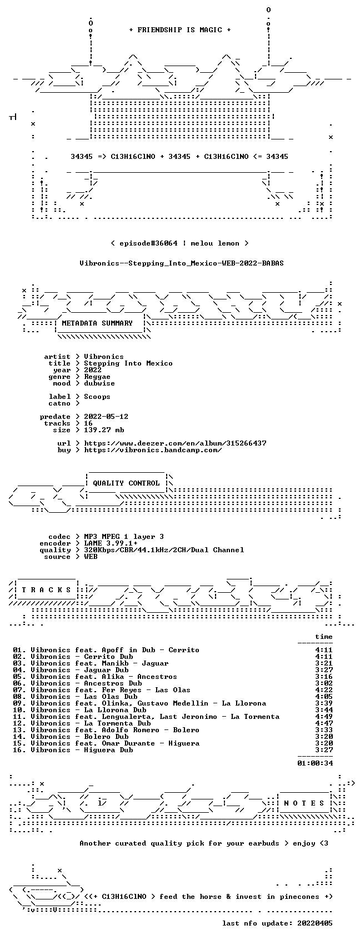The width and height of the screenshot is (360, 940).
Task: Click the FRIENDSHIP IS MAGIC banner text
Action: (180, 30)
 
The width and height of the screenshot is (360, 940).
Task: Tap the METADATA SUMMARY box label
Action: (97, 323)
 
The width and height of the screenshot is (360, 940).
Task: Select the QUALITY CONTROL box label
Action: (126, 483)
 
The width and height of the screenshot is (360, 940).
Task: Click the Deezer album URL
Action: (176, 443)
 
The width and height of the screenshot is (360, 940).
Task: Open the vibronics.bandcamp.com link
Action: (153, 450)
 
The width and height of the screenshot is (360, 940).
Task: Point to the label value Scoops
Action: (97, 397)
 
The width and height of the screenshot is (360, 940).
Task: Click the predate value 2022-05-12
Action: (106, 417)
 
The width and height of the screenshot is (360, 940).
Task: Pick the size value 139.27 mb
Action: (104, 430)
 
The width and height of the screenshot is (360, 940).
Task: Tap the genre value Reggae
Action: (97, 377)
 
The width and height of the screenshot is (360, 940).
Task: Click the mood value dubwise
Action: (99, 383)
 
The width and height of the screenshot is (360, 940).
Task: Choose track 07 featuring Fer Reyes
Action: (102, 690)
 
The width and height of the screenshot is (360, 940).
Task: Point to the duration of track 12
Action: (324, 723)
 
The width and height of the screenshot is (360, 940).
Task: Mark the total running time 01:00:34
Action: (315, 763)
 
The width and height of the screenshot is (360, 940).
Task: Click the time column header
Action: (324, 637)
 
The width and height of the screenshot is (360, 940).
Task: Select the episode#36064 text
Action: (148, 243)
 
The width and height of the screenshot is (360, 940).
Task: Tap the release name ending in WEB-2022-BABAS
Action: (182, 263)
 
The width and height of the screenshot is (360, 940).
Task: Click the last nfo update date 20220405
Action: (315, 923)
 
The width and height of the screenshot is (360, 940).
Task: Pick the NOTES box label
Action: (304, 803)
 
